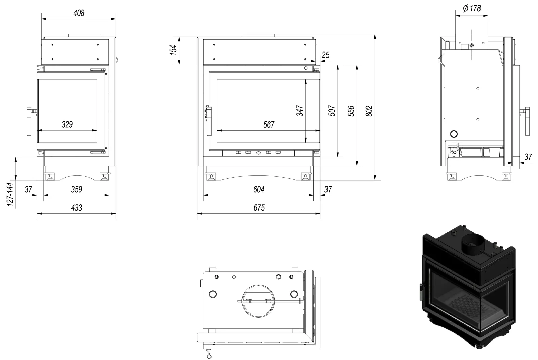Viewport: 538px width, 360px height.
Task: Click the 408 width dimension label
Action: pyautogui.click(x=79, y=13)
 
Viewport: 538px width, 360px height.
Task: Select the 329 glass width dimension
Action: pyautogui.click(x=67, y=125)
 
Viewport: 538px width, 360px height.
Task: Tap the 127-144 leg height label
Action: pyautogui.click(x=11, y=195)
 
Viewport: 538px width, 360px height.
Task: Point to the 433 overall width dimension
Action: pyautogui.click(x=77, y=208)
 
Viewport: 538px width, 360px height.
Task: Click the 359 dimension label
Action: pyautogui.click(x=77, y=189)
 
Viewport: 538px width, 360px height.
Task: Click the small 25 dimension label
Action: pyautogui.click(x=325, y=55)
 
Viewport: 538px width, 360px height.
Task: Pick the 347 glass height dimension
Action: pyautogui.click(x=300, y=111)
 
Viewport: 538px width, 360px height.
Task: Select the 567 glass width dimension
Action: pyautogui.click(x=269, y=125)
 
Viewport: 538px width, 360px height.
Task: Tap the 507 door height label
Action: pyautogui.click(x=332, y=111)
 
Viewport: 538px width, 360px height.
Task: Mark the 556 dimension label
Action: pyautogui.click(x=351, y=111)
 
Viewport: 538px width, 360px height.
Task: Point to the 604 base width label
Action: pyautogui.click(x=259, y=189)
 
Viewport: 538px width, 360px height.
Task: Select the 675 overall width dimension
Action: pyautogui.click(x=259, y=208)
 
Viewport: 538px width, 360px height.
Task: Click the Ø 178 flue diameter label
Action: pyautogui.click(x=472, y=8)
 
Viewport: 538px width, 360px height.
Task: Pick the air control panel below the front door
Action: pyautogui.click(x=258, y=153)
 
